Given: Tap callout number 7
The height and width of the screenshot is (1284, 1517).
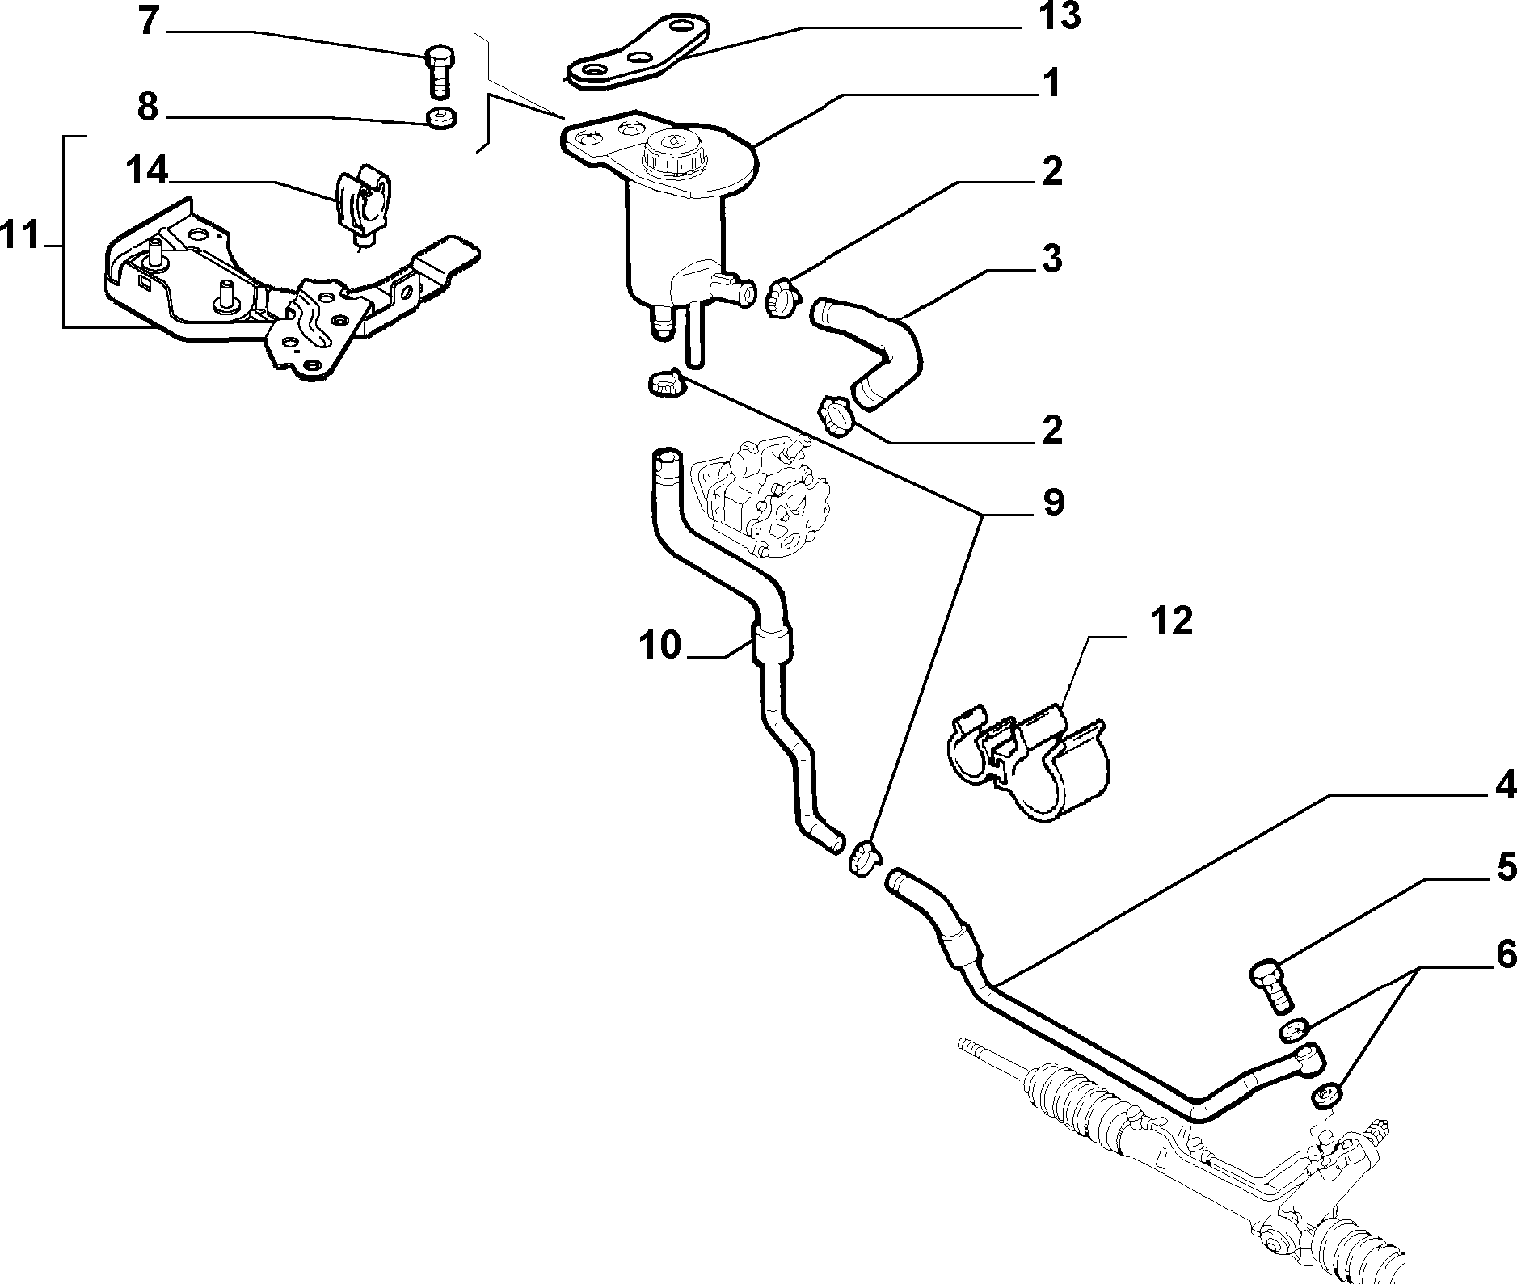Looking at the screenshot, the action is point(147,22).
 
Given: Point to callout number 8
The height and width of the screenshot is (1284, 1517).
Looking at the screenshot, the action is point(147,107).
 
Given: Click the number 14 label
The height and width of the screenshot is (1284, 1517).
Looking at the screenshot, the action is point(146,170).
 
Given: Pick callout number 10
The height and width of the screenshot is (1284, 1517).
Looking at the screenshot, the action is point(660,646).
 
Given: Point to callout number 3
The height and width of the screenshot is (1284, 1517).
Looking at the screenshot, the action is point(1051,258).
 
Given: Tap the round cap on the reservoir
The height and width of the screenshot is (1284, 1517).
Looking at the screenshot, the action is point(672,154).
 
